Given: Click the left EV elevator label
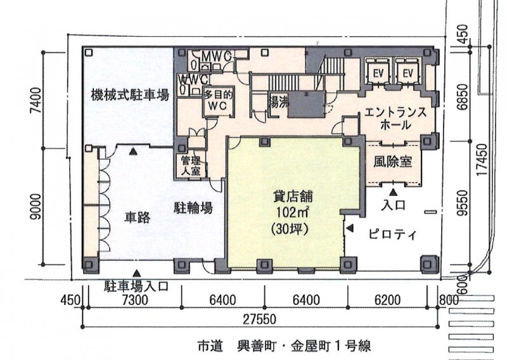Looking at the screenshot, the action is (378, 74).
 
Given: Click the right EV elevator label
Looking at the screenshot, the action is (408, 74).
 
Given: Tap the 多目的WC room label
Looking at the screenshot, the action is (217, 100).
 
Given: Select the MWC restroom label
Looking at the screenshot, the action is (216, 56).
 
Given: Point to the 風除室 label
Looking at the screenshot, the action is (393, 162).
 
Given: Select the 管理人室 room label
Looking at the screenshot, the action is (191, 165).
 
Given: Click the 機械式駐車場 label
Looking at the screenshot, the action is (130, 95).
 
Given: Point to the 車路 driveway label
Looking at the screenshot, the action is (138, 218).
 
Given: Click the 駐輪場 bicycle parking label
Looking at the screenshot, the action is (193, 208).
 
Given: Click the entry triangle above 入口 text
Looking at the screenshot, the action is (393, 193).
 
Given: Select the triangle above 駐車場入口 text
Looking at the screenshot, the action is (137, 273).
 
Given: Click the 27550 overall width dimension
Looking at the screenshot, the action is (260, 319).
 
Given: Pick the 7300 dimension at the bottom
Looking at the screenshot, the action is (135, 300).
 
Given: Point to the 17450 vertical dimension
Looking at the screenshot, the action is (482, 160).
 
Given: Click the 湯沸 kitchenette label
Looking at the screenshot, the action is (278, 102).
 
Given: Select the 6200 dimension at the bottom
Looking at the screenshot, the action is (387, 300).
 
